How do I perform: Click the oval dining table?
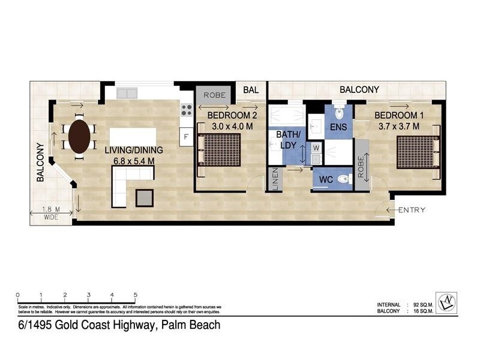79,137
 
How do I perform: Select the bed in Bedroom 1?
418,152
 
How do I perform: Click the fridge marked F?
186,137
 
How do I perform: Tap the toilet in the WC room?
343,179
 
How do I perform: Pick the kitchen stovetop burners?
186,110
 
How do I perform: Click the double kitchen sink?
127,94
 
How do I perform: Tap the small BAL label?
250,90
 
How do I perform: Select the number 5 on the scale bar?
136,295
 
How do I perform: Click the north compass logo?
445,302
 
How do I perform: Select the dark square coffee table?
145,197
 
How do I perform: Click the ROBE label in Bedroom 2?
214,95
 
